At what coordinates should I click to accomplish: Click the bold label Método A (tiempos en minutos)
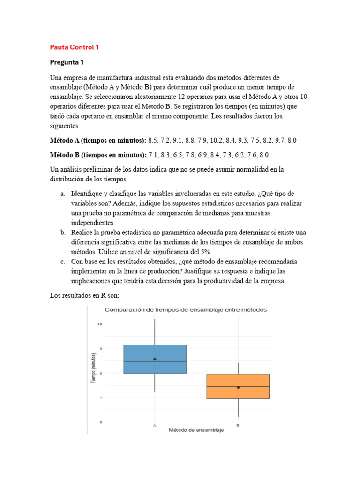(x=98, y=140)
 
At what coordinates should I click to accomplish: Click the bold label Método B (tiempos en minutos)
(x=98, y=155)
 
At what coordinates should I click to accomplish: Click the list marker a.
(x=62, y=193)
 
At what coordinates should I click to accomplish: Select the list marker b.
(x=62, y=232)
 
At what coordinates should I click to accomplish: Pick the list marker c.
(x=62, y=262)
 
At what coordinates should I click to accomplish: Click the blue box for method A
(x=155, y=359)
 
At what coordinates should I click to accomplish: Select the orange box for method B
(x=238, y=386)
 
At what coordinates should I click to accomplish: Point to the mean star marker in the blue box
(x=155, y=359)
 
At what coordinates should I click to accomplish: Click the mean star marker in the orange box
(x=238, y=387)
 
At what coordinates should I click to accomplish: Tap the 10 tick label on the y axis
(x=99, y=324)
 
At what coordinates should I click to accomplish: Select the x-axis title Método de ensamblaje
(x=196, y=430)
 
